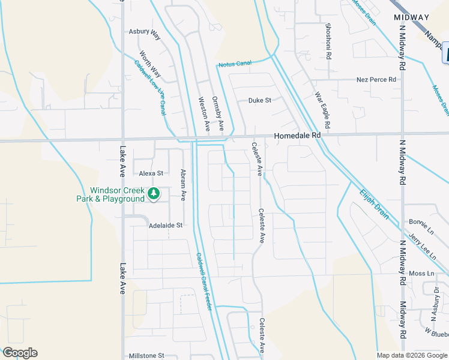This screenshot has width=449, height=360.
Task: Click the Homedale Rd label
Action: (x=297, y=136)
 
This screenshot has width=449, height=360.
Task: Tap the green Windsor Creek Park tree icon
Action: (x=154, y=193)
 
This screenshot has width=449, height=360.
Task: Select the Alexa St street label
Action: (x=151, y=173)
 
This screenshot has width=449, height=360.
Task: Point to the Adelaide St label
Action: (x=165, y=225)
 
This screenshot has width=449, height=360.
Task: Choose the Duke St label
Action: (x=260, y=100)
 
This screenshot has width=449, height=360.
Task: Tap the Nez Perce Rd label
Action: (x=376, y=79)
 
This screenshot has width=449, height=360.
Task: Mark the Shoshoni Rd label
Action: (x=328, y=41)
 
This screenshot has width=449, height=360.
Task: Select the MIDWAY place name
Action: (x=412, y=17)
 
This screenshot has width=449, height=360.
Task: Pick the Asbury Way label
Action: (x=145, y=33)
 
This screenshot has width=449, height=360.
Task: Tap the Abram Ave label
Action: (x=183, y=185)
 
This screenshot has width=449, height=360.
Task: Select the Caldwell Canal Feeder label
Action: (x=204, y=281)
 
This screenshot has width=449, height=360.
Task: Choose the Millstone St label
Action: (x=146, y=356)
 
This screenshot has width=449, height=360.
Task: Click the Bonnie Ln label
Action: (x=421, y=222)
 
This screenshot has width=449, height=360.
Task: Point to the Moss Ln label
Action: (x=421, y=274)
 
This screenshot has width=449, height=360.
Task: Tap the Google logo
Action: (x=19, y=353)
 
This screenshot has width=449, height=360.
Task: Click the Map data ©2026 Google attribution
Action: (x=412, y=355)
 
